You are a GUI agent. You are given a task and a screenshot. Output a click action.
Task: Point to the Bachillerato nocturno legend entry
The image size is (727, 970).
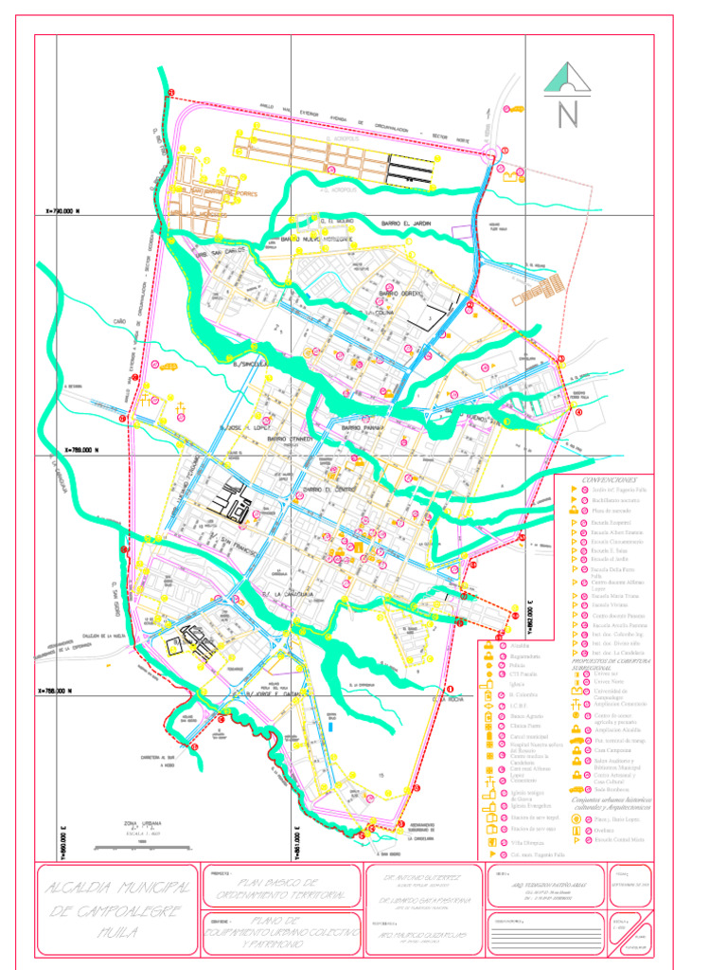pyautogui.click(x=616, y=499)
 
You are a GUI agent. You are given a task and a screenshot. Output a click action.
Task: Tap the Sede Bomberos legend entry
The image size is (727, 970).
pyautogui.click(x=611, y=788)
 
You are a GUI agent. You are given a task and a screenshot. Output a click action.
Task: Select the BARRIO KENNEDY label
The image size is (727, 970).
pyautogui.click(x=290, y=440)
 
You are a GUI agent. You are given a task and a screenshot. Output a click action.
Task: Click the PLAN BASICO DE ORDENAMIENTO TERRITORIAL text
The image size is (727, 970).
pyautogui.click(x=281, y=887)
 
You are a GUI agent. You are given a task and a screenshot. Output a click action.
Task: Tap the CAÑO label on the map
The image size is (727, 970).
pyautogui.click(x=119, y=322)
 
